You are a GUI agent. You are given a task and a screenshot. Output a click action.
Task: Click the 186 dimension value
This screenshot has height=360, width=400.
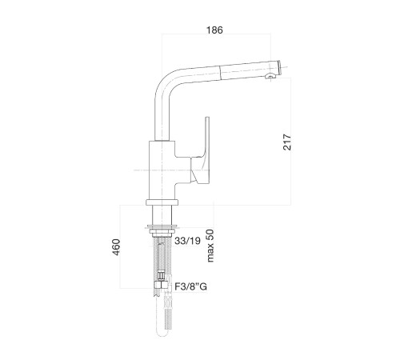click(x=214, y=30)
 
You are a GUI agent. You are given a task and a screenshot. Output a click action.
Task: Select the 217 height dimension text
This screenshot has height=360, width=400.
click(x=287, y=142)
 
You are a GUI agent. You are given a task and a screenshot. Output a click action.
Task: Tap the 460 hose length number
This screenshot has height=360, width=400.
click(x=116, y=247)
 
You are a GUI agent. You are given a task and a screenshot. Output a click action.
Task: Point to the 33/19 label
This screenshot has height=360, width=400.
click(x=187, y=241)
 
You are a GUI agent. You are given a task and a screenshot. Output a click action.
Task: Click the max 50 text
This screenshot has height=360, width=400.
click(x=210, y=246)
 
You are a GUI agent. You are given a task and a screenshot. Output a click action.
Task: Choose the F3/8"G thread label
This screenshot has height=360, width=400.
click(x=190, y=286)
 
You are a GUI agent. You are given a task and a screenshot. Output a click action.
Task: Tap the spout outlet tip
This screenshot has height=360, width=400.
click(x=278, y=67)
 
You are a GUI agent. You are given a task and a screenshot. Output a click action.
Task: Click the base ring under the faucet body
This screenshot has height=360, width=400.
click(x=162, y=202)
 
